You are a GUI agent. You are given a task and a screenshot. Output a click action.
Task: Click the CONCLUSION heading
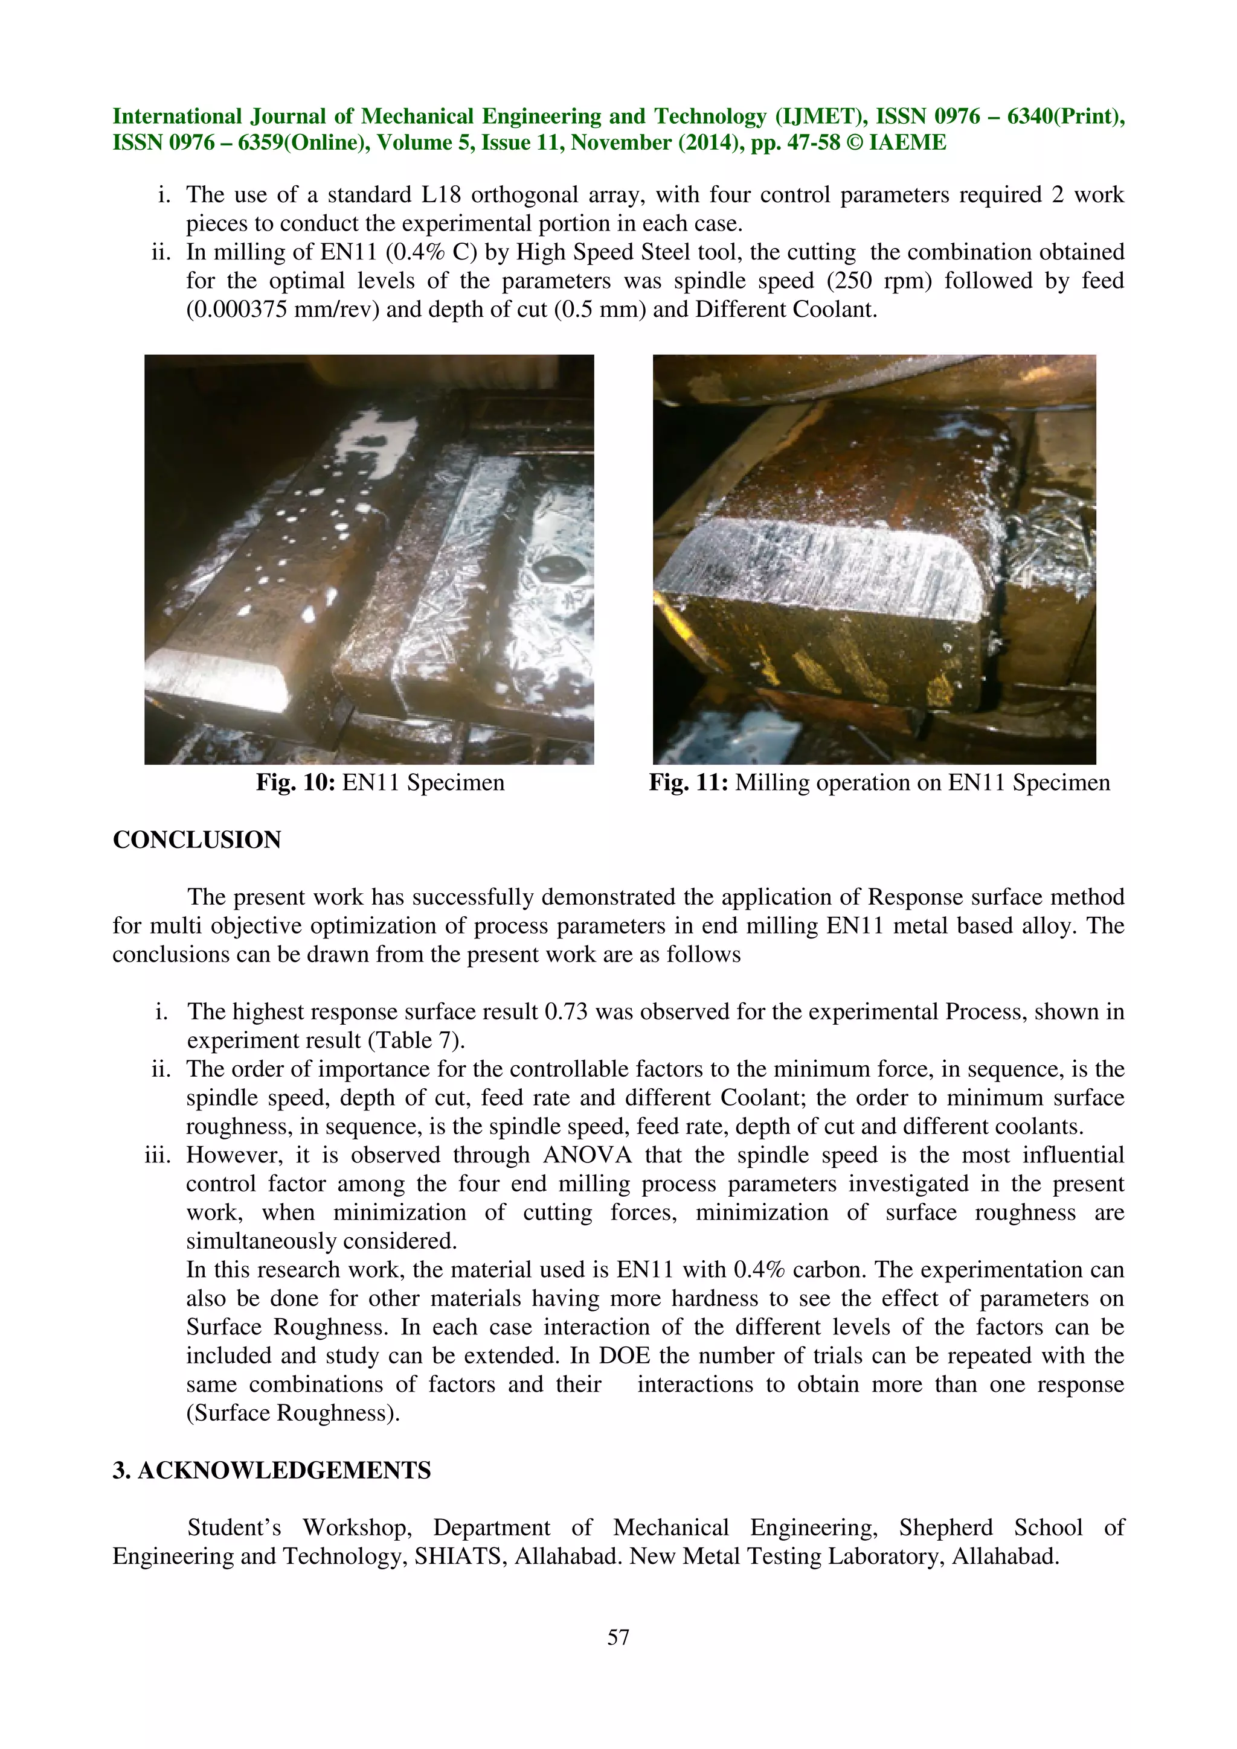[197, 839]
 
